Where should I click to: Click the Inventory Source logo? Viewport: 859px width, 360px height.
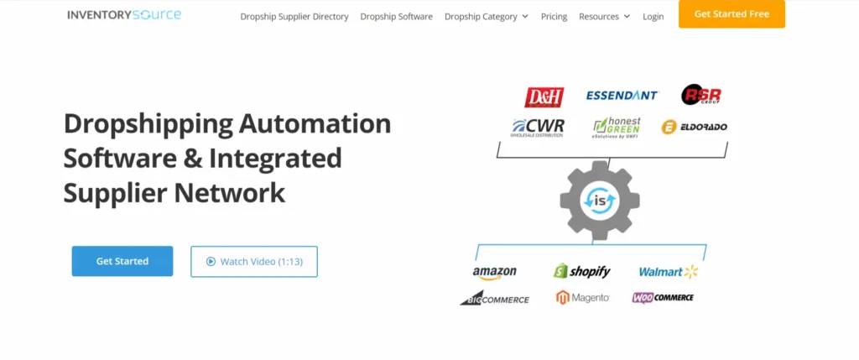point(124,15)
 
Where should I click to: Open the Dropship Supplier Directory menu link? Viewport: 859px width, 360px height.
point(294,17)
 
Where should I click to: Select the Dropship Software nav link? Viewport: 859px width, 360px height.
point(396,17)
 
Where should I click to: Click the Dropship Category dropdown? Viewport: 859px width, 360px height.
point(486,17)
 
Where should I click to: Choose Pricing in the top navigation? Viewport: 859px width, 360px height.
point(554,17)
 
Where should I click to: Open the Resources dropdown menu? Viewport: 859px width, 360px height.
point(604,17)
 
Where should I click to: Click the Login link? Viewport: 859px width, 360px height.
point(653,17)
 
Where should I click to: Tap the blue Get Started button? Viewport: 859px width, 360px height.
point(122,261)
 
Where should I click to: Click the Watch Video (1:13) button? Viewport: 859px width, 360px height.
point(253,261)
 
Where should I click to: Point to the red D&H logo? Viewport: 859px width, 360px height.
point(544,97)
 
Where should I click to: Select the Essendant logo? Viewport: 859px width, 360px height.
point(622,96)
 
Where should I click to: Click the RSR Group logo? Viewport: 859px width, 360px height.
point(700,95)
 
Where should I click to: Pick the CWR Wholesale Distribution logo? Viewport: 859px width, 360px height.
point(538,128)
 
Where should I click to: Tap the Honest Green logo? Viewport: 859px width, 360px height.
point(617,127)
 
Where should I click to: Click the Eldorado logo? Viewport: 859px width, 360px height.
point(694,128)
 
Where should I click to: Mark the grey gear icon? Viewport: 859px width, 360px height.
point(599,200)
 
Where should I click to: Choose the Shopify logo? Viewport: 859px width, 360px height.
point(581,271)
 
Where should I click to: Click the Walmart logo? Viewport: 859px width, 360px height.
point(668,271)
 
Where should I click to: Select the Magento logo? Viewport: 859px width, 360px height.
point(582,298)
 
